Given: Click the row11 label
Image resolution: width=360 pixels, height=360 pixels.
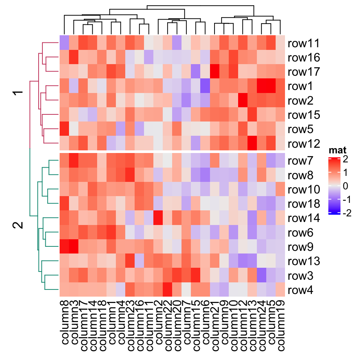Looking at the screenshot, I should coord(304,44).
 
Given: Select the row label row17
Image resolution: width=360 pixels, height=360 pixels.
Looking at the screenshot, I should coord(304,72).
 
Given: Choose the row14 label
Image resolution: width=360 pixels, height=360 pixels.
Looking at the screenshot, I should coord(304,219).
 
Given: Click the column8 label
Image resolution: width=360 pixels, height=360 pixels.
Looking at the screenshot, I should coord(64,322).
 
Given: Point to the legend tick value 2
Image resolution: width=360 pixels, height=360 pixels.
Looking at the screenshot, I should coord(345,160).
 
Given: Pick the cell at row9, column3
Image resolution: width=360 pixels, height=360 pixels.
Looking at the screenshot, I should coord(73,247).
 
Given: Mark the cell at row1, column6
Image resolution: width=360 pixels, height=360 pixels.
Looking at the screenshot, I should coord(205,86).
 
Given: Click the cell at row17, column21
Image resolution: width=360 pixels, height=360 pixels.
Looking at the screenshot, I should coord(214,72).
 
